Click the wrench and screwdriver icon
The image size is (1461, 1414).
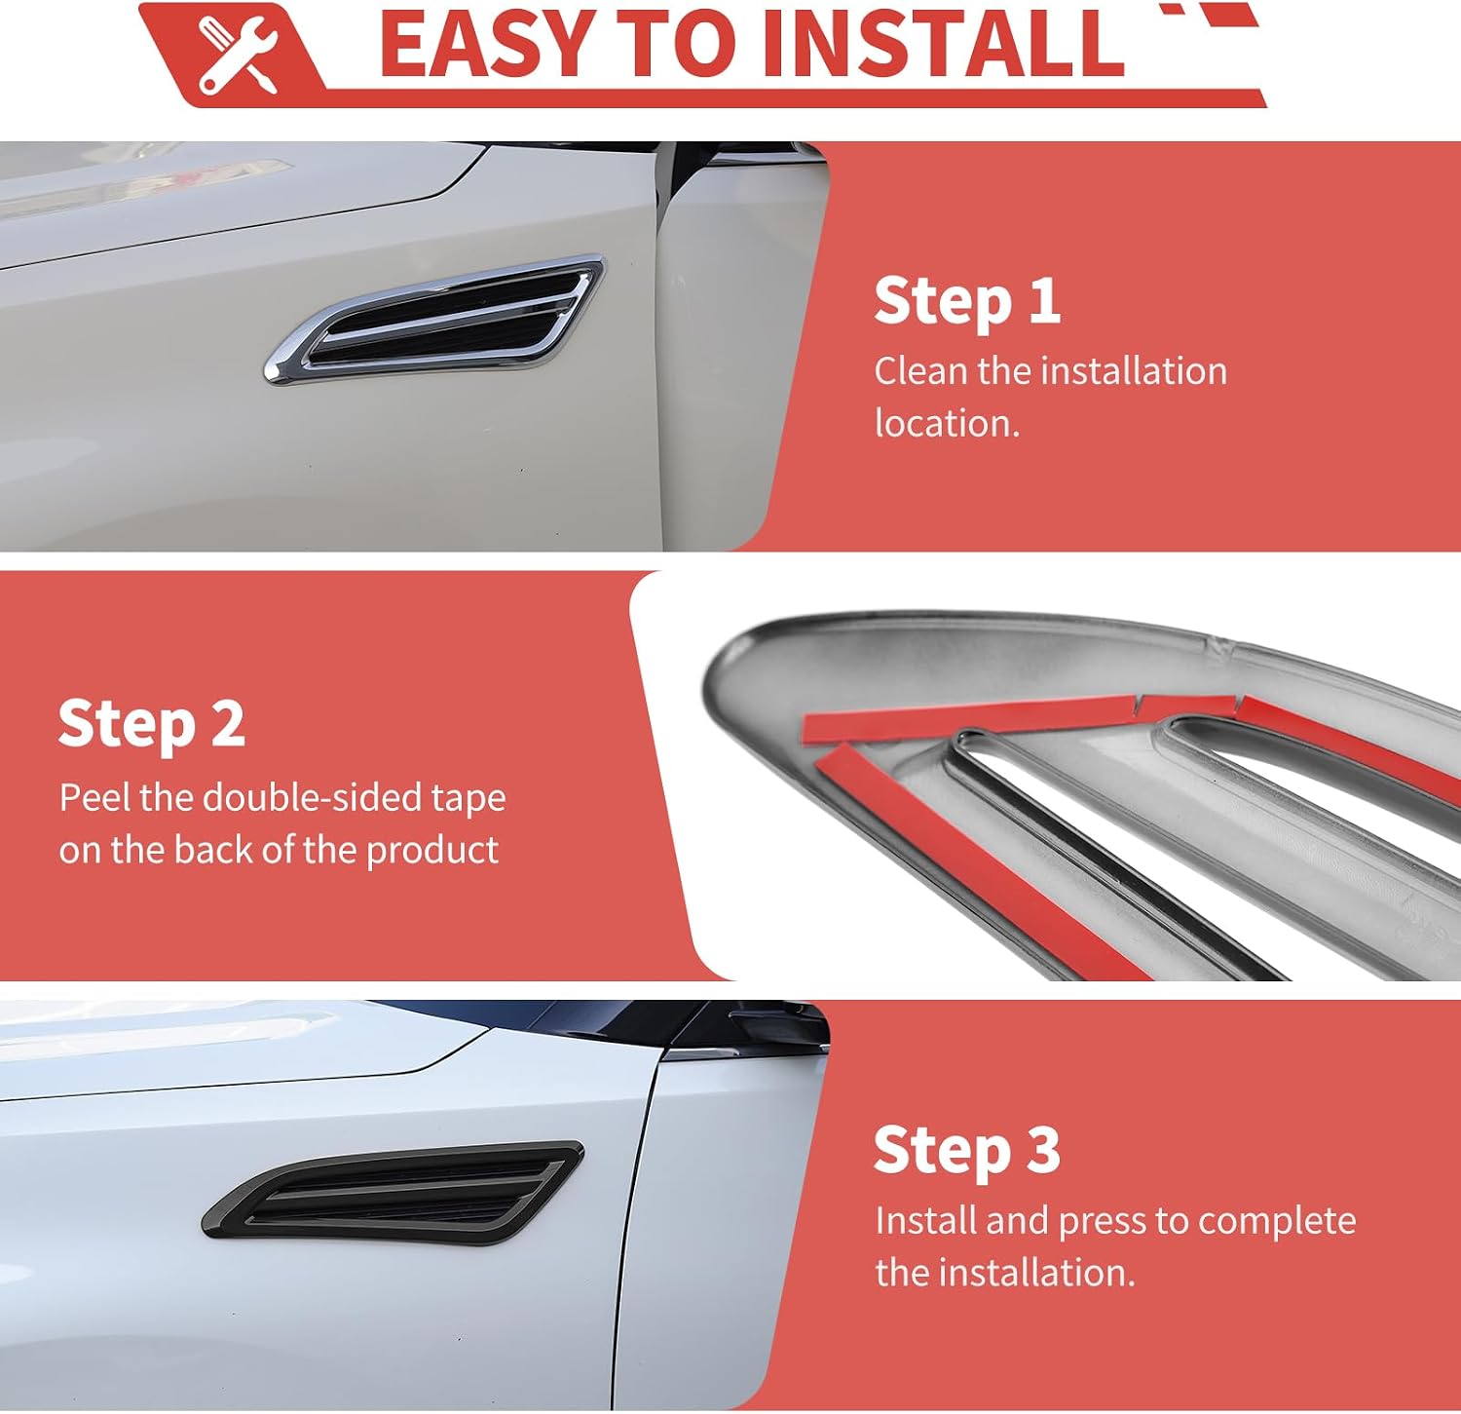(x=238, y=57)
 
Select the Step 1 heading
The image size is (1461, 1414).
(x=967, y=301)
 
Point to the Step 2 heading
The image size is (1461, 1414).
(x=151, y=724)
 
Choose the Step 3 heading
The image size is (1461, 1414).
(x=967, y=1150)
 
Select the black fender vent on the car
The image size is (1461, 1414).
(x=393, y=1193)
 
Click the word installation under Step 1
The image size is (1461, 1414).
(x=1134, y=371)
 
